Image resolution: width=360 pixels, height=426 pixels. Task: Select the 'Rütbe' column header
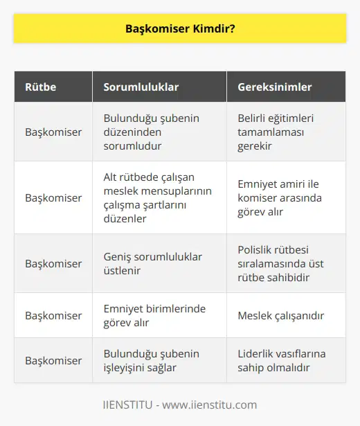[41, 87]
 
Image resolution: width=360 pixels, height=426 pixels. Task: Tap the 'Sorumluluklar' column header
[141, 87]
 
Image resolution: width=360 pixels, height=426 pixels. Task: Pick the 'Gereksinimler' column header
[274, 87]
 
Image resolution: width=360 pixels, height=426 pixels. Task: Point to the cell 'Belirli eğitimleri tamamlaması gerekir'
[277, 131]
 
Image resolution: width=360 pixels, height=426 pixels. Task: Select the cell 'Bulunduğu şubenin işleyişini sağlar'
[151, 361]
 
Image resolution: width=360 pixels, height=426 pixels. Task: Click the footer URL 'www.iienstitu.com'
[212, 405]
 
